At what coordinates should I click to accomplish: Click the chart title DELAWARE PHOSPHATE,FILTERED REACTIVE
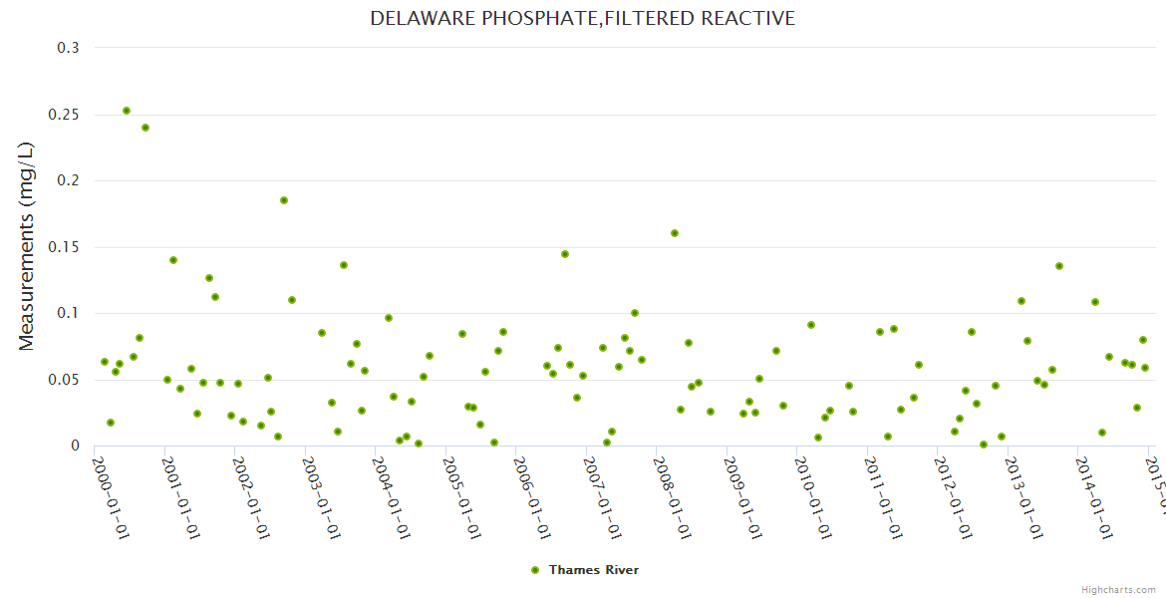click(x=582, y=18)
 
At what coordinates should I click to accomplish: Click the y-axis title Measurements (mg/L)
click(x=27, y=246)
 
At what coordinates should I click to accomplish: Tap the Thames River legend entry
click(x=593, y=569)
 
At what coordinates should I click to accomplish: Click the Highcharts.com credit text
click(x=1118, y=589)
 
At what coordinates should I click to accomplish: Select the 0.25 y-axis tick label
click(x=65, y=115)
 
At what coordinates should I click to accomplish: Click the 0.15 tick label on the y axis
click(x=65, y=247)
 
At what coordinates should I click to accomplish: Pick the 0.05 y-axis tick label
click(x=65, y=380)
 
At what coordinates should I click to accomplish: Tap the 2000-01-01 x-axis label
click(x=112, y=498)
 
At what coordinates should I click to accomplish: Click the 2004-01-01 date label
click(x=392, y=498)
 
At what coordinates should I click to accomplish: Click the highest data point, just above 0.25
click(x=127, y=111)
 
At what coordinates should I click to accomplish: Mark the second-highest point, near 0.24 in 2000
click(x=146, y=128)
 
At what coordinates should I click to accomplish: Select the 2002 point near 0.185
click(x=284, y=200)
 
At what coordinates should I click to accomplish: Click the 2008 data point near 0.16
click(x=675, y=233)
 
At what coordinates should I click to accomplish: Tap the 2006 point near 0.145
click(x=565, y=254)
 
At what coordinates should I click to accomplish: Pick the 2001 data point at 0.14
click(x=173, y=260)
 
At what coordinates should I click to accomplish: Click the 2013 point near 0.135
click(x=1059, y=266)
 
